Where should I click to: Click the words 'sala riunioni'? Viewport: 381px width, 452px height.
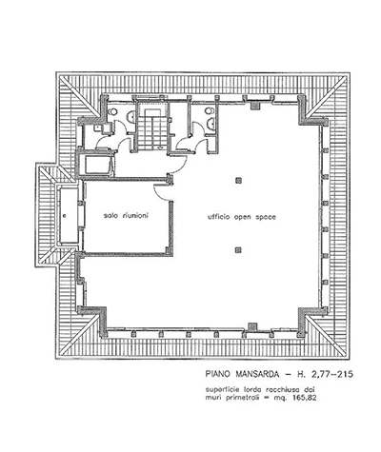tap(126, 215)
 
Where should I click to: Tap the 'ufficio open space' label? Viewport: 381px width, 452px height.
tap(242, 217)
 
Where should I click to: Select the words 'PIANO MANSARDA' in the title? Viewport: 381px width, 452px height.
tap(243, 374)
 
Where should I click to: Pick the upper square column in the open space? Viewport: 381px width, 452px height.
tap(238, 181)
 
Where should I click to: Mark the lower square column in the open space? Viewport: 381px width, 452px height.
tap(238, 250)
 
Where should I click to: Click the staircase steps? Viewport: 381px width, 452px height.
tap(151, 129)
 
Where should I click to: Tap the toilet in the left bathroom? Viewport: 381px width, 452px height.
tap(112, 112)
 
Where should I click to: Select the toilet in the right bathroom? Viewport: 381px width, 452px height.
tap(209, 111)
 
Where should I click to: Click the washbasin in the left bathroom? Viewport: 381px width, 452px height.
tap(130, 117)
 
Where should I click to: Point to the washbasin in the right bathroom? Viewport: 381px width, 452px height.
tap(211, 123)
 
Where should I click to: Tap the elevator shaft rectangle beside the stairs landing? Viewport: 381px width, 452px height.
tap(97, 165)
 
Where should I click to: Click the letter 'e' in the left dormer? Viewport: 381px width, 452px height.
tap(65, 216)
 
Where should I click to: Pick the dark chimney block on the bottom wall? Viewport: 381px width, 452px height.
tap(252, 326)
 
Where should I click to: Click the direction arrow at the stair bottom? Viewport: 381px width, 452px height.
tap(160, 147)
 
